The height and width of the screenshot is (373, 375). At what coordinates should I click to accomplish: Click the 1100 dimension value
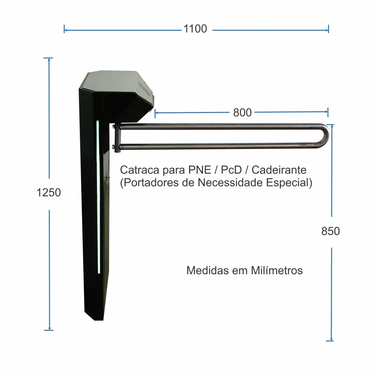pos(195,29)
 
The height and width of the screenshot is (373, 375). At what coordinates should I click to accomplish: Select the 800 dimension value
pos(242,112)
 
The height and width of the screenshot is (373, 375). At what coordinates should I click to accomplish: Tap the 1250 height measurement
pos(49,192)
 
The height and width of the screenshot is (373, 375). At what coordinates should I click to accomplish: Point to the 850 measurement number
pos(330,231)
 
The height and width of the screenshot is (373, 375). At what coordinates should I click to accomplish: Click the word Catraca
pos(139,170)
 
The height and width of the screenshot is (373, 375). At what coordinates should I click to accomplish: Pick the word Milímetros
pos(277,271)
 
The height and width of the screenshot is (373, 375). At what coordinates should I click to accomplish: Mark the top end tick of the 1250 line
pos(48,58)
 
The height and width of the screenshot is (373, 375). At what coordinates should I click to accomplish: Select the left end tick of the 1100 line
pos(64,29)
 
